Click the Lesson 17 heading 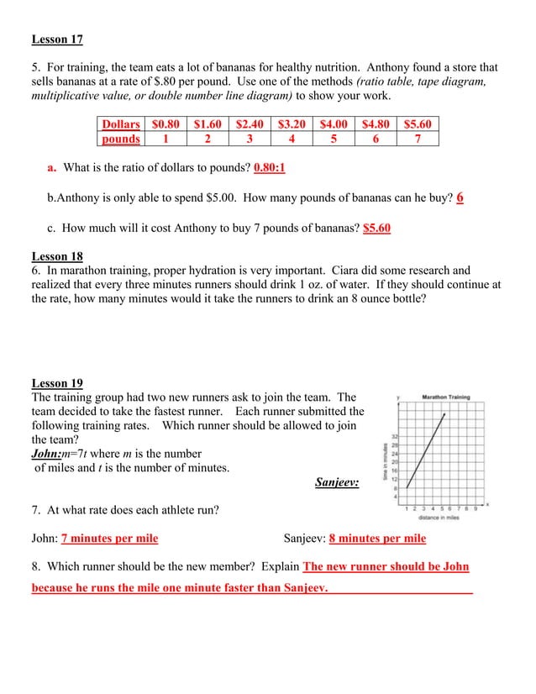[57, 39]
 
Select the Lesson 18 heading [57, 256]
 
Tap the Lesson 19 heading [57, 383]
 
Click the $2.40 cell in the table [250, 124]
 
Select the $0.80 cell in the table [166, 124]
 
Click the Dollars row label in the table [121, 124]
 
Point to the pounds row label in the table [121, 139]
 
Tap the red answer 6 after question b [460, 198]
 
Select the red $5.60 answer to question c [376, 228]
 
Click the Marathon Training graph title [445, 397]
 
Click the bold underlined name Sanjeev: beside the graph [337, 482]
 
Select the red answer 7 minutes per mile [109, 539]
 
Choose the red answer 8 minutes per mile [377, 539]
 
